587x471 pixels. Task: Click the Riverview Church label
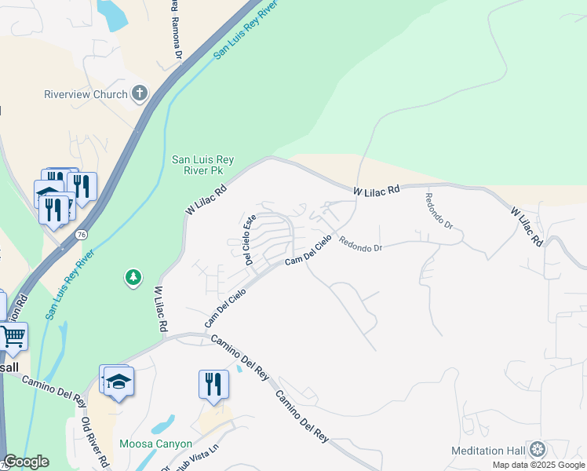[86, 95]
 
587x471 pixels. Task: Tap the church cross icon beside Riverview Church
[140, 94]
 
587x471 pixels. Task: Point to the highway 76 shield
[81, 235]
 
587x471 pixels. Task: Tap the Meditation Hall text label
[487, 451]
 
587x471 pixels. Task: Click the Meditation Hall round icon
[538, 450]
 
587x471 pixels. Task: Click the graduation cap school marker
[118, 382]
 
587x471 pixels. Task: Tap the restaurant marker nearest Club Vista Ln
[213, 385]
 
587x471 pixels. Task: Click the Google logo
[25, 462]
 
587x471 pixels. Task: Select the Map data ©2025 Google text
[539, 465]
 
